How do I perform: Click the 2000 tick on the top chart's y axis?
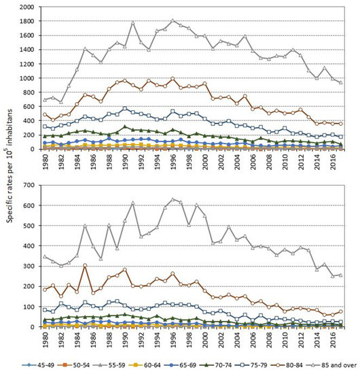point(30,7)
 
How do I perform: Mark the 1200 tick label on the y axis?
point(30,64)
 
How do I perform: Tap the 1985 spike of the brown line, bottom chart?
point(85,266)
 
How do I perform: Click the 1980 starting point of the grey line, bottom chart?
point(45,256)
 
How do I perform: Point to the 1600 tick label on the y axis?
point(30,36)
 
